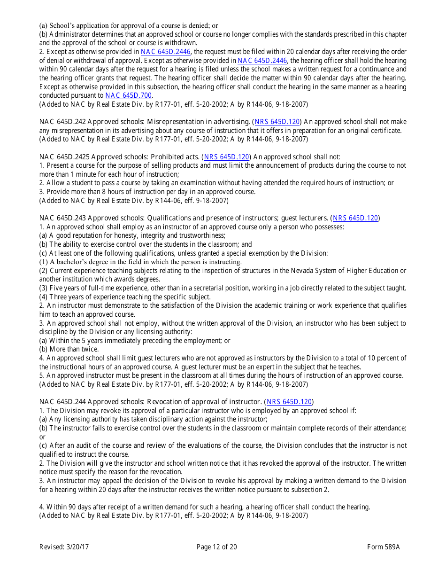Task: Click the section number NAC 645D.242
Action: tap(62, 122)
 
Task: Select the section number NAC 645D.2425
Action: tap(64, 157)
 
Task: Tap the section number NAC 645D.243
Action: tap(62, 218)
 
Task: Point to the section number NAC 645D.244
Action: tap(62, 402)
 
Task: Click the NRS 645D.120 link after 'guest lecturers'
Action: tap(355, 218)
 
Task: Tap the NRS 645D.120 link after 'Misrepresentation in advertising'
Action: tap(277, 122)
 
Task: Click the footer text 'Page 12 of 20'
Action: tap(217, 547)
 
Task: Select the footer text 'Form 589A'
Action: tap(384, 547)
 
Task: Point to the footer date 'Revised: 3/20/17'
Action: tap(64, 547)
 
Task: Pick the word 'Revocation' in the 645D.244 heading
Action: tap(166, 402)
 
